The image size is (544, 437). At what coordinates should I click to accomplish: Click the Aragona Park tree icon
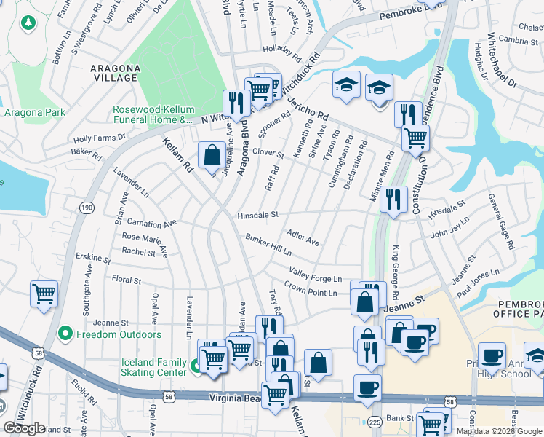pyautogui.click(x=28, y=23)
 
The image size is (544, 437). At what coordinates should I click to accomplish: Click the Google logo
pyautogui.click(x=25, y=428)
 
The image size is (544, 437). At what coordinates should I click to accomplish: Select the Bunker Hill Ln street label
pyautogui.click(x=268, y=245)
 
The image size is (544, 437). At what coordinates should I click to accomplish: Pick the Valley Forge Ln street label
pyautogui.click(x=315, y=275)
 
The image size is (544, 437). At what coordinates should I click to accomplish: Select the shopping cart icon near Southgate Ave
pyautogui.click(x=44, y=295)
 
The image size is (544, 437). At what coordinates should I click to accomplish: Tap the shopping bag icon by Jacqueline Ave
pyautogui.click(x=212, y=156)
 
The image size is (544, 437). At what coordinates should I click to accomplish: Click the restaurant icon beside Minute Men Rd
pyautogui.click(x=393, y=199)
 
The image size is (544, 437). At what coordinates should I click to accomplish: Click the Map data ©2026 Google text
pyautogui.click(x=498, y=430)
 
